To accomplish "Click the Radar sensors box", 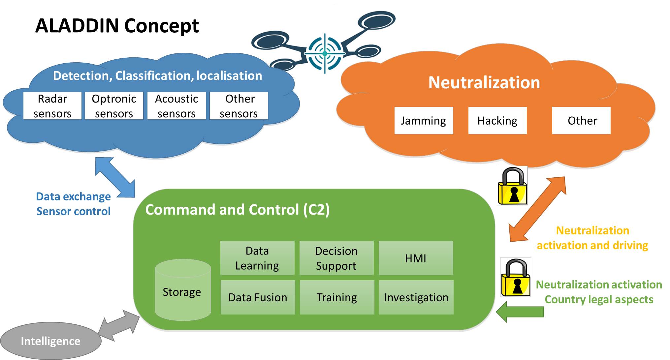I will [x=52, y=106].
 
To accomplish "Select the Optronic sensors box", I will [x=114, y=106].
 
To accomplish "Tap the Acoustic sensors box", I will [x=176, y=106].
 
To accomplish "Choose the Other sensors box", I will [x=239, y=106].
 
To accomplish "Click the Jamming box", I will [x=424, y=121].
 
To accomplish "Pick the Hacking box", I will [x=497, y=121].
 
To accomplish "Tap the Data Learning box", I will [x=257, y=258].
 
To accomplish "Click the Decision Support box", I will [x=336, y=258].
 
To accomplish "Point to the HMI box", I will [x=416, y=258].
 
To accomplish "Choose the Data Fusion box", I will [x=258, y=297].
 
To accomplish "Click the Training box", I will [x=337, y=297].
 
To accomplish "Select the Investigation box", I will [x=416, y=297].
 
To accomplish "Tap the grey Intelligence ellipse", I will [x=50, y=341].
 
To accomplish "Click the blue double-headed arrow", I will [x=115, y=178].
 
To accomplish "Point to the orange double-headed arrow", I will [x=537, y=209].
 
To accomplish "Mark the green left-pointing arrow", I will [x=520, y=312].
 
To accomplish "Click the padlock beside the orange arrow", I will [x=512, y=186].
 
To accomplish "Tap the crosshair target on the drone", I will [x=325, y=53].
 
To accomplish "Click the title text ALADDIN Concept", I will [x=117, y=26].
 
